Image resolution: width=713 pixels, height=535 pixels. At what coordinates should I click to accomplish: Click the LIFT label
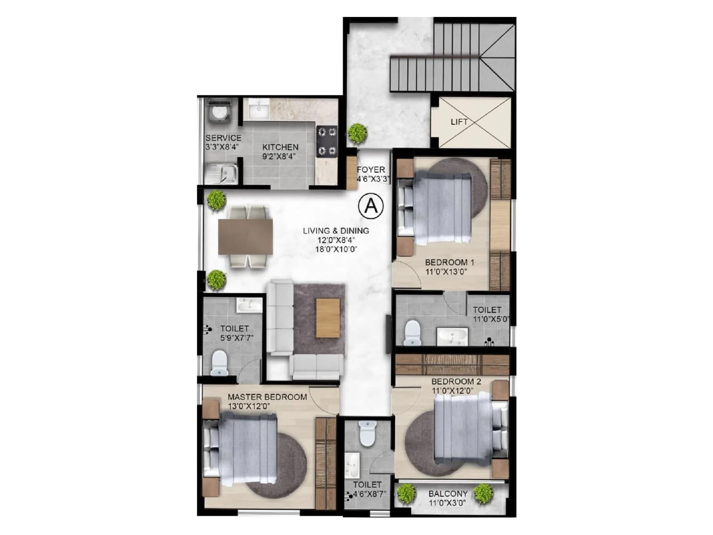pyautogui.click(x=459, y=122)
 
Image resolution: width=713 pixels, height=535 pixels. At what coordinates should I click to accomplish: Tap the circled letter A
pyautogui.click(x=371, y=206)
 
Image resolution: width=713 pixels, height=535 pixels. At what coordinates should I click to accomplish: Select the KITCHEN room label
pyautogui.click(x=280, y=147)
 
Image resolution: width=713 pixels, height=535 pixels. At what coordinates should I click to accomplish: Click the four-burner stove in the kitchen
pyautogui.click(x=327, y=141)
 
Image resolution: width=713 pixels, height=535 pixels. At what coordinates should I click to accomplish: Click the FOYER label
pyautogui.click(x=371, y=170)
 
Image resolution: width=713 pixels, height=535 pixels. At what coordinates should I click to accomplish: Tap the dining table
pyautogui.click(x=245, y=237)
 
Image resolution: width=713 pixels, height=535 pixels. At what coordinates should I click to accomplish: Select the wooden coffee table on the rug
pyautogui.click(x=328, y=318)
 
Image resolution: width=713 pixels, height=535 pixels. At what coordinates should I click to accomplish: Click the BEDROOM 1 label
pyautogui.click(x=449, y=262)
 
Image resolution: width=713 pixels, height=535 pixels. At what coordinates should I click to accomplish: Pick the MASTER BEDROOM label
pyautogui.click(x=267, y=397)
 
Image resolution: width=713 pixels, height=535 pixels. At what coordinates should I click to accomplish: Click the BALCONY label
pyautogui.click(x=448, y=494)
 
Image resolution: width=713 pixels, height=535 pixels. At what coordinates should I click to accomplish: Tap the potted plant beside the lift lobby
pyautogui.click(x=357, y=132)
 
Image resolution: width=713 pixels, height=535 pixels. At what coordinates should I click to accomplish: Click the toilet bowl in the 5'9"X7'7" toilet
pyautogui.click(x=219, y=362)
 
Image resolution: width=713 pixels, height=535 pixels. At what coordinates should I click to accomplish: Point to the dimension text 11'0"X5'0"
pyautogui.click(x=491, y=319)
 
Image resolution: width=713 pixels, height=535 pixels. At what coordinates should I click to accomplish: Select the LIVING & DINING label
pyautogui.click(x=336, y=230)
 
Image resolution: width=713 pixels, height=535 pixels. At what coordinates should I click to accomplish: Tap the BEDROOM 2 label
pyautogui.click(x=456, y=382)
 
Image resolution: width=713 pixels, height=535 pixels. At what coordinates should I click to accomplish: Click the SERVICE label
pyautogui.click(x=223, y=138)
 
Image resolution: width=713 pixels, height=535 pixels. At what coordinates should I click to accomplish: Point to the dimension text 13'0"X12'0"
pyautogui.click(x=249, y=407)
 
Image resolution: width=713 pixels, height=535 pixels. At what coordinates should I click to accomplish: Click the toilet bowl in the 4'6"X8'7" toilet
pyautogui.click(x=368, y=434)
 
